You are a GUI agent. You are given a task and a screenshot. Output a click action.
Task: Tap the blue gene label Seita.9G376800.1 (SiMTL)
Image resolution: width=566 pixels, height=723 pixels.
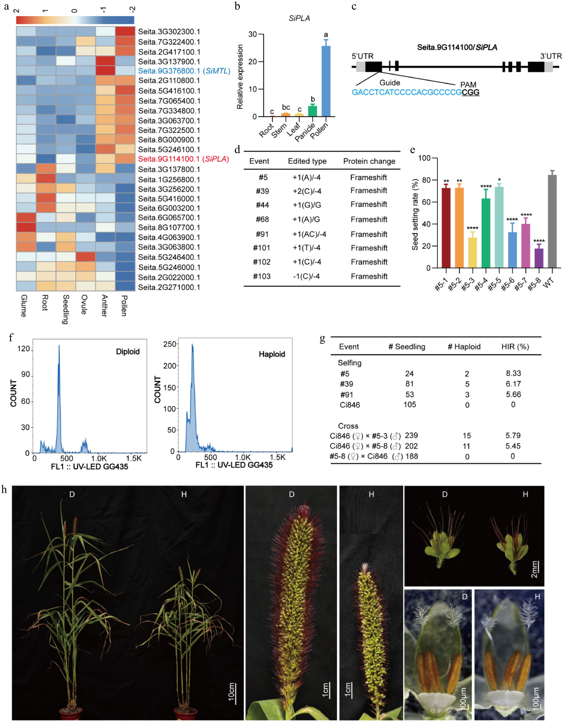click(184, 71)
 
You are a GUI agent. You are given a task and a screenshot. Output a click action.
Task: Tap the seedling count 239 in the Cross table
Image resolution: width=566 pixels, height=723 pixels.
click(411, 435)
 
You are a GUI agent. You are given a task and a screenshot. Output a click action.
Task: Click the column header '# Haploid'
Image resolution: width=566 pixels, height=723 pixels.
click(464, 347)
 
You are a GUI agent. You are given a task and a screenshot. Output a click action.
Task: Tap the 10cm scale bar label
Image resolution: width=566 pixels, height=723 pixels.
click(231, 692)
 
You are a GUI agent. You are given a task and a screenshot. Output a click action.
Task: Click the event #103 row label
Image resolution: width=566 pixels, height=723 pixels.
click(262, 276)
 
